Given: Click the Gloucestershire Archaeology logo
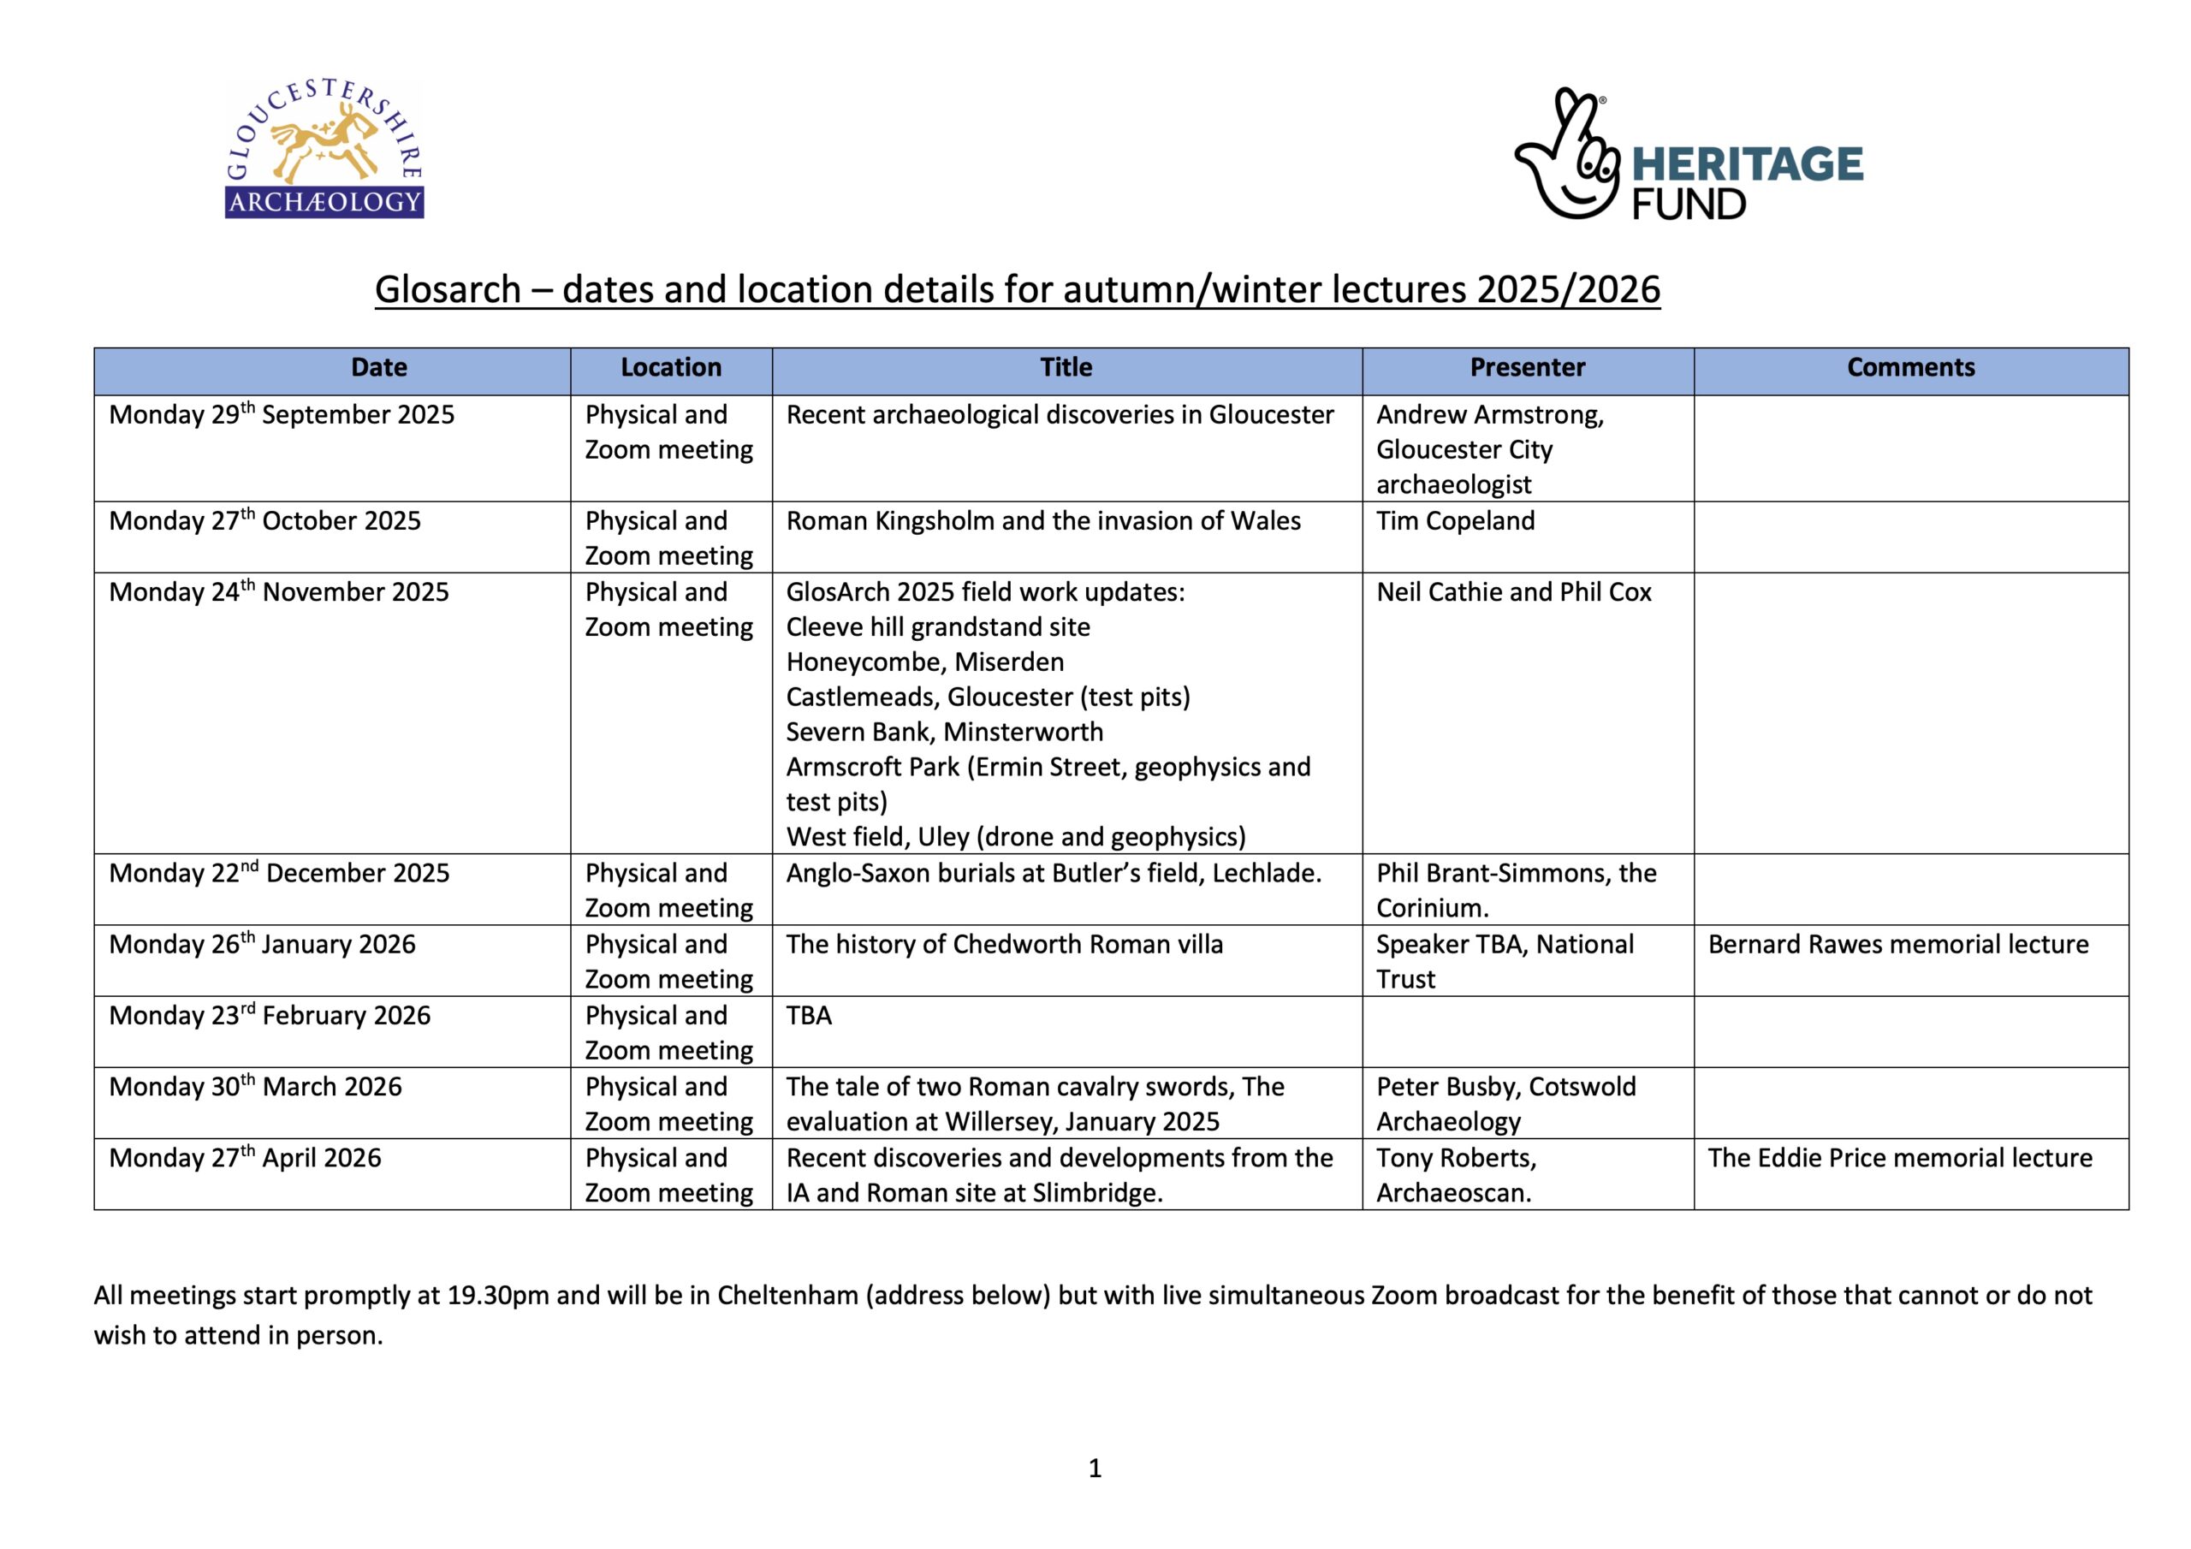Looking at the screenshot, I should [x=324, y=150].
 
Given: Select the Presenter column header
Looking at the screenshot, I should [x=1527, y=368].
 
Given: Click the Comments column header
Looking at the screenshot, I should [x=1910, y=368].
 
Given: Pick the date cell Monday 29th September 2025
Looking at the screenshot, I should [x=282, y=415].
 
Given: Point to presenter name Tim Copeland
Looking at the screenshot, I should [x=1455, y=521].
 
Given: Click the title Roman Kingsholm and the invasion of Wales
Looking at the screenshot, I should [x=1043, y=521].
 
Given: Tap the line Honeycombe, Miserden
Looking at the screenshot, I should [x=924, y=662].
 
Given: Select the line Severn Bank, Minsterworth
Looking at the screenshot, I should [x=944, y=732].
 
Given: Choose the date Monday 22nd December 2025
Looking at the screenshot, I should [x=279, y=873].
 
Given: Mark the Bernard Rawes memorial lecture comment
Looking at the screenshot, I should [x=1898, y=945].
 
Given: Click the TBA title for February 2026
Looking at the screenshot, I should [x=808, y=1016].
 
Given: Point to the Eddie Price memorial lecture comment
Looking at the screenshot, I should [x=1900, y=1159].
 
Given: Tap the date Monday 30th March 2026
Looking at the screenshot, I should [x=255, y=1087].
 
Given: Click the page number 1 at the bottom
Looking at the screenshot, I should [x=1095, y=1469].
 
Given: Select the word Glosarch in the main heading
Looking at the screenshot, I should [x=448, y=289].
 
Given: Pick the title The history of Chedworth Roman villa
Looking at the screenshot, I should [x=1004, y=945].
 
